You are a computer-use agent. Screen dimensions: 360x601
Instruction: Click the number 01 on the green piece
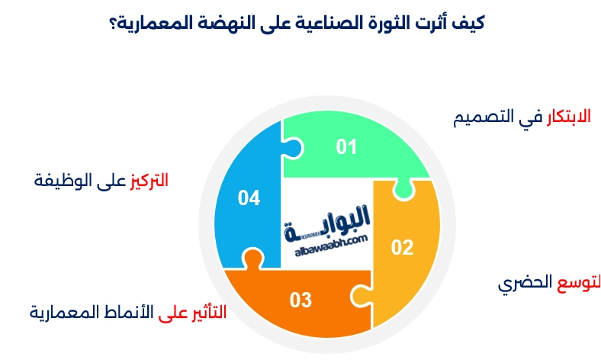[347, 146]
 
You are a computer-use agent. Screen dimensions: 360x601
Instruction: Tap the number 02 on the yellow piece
[402, 246]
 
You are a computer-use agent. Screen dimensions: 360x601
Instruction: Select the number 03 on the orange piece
[300, 300]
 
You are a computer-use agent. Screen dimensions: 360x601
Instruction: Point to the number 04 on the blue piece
[249, 198]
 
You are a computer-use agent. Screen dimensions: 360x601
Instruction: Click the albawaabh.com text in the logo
[330, 239]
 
